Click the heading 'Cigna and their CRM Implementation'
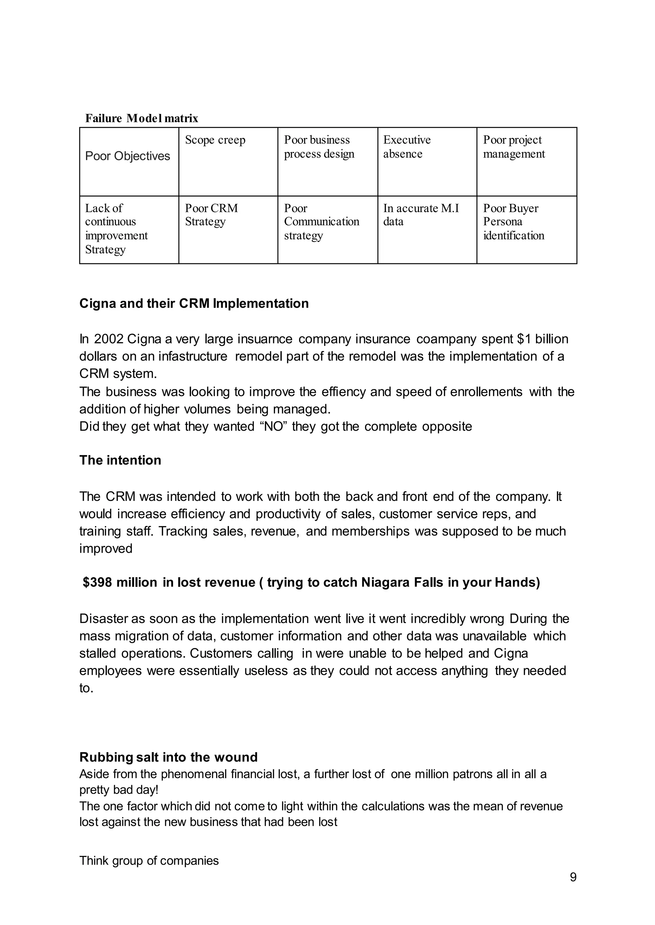click(194, 304)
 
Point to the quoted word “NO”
click(273, 426)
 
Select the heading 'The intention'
click(120, 460)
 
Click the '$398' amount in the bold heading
click(97, 582)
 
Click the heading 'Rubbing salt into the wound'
click(168, 757)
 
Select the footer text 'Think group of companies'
click(149, 861)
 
